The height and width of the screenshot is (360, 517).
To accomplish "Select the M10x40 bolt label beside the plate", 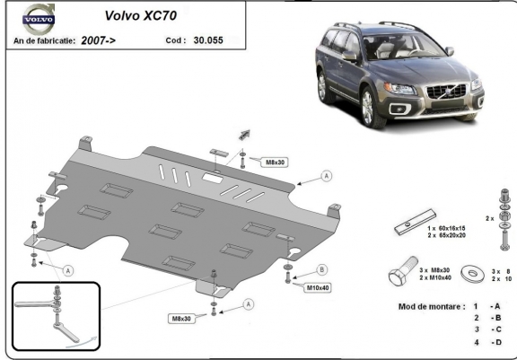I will (319, 287).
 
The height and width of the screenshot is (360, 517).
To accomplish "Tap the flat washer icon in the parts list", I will (469, 272).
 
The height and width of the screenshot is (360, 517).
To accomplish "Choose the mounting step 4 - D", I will (489, 343).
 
